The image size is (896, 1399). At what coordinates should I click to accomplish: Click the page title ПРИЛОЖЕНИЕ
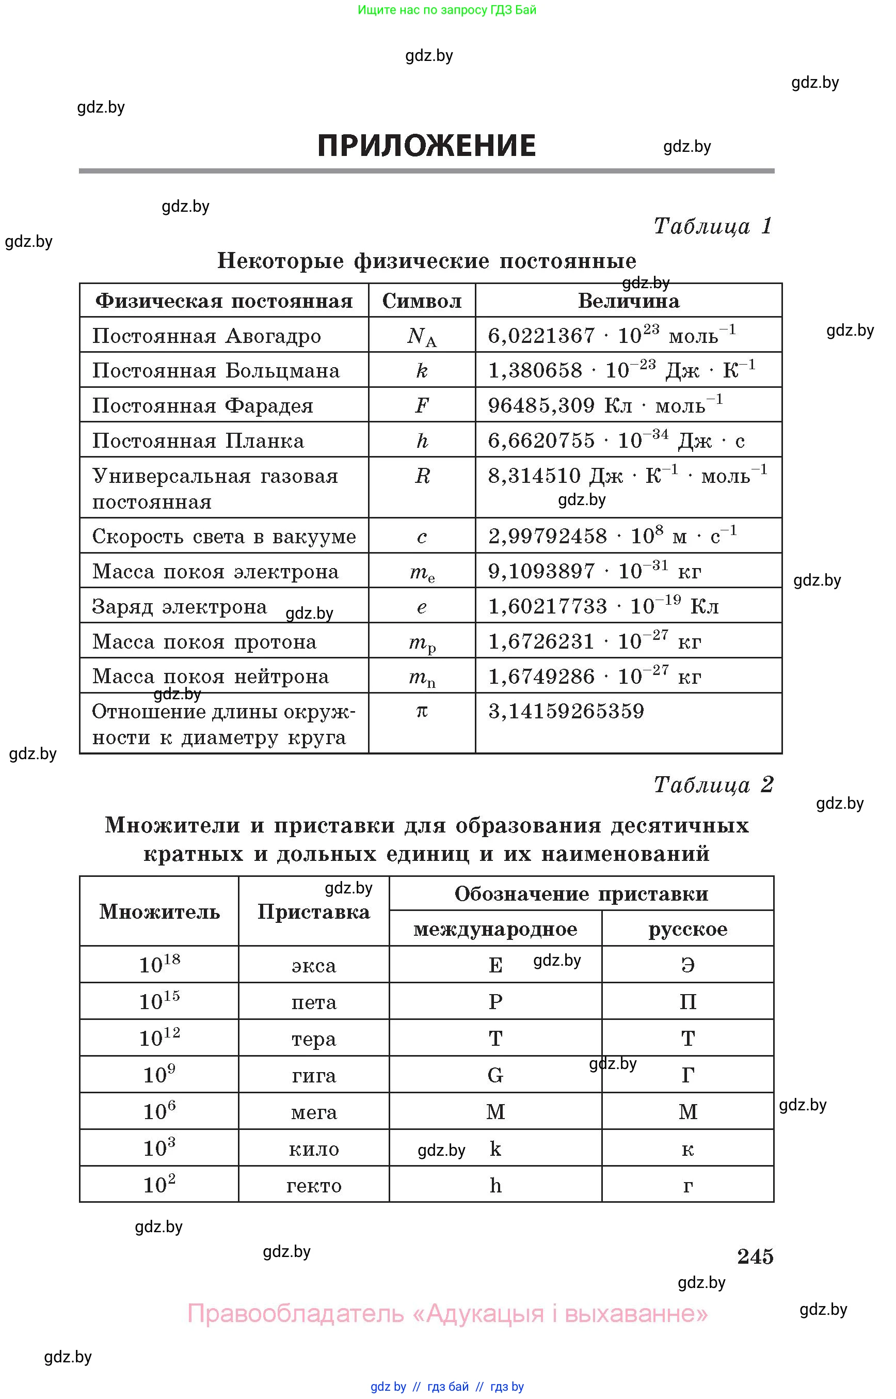click(426, 146)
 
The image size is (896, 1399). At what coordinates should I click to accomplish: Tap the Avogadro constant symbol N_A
click(422, 337)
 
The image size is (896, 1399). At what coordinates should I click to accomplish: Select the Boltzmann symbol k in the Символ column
click(422, 371)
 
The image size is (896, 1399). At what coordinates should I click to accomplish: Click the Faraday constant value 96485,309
click(540, 406)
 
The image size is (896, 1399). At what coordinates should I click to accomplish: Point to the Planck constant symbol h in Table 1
click(422, 441)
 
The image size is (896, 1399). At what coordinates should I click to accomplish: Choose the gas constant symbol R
click(422, 476)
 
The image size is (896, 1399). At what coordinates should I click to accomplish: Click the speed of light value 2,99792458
click(547, 536)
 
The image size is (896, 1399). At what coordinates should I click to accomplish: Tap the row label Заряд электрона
click(179, 607)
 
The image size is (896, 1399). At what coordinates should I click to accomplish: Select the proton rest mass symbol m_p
click(422, 643)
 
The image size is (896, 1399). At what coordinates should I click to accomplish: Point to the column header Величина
click(628, 301)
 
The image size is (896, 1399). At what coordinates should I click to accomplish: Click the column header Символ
click(422, 301)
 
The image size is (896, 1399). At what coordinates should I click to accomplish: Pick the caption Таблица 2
click(713, 785)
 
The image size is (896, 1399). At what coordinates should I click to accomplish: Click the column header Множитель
click(159, 911)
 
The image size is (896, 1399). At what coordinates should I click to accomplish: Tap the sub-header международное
click(495, 929)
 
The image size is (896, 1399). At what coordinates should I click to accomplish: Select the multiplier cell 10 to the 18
click(159, 965)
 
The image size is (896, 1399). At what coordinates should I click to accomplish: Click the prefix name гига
click(314, 1075)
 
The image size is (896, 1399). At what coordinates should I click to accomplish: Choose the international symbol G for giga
click(495, 1075)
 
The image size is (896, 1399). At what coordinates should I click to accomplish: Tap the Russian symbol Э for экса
click(687, 965)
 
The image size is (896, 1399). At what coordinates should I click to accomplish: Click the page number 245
click(755, 1256)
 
